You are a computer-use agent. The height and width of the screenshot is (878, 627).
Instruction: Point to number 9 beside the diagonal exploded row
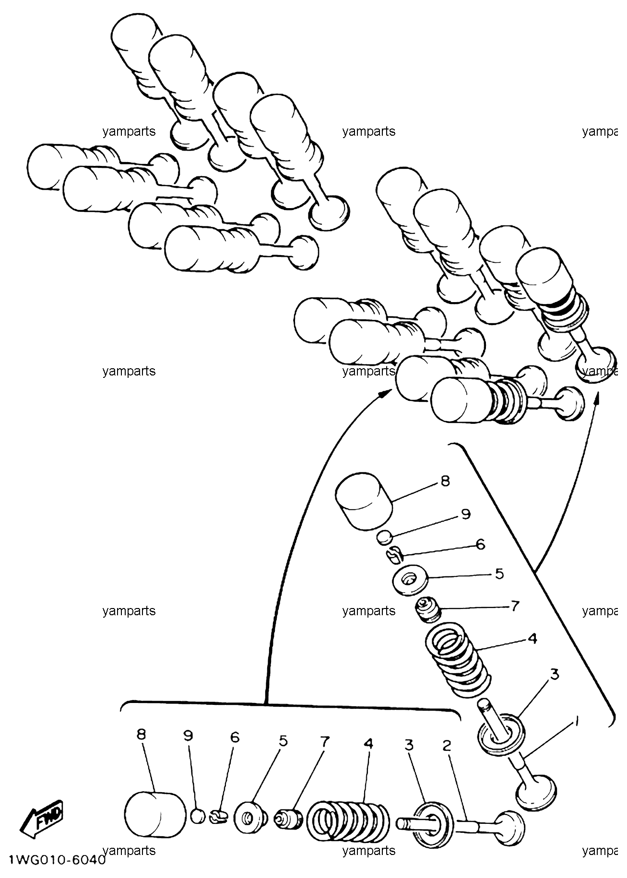[466, 515]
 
